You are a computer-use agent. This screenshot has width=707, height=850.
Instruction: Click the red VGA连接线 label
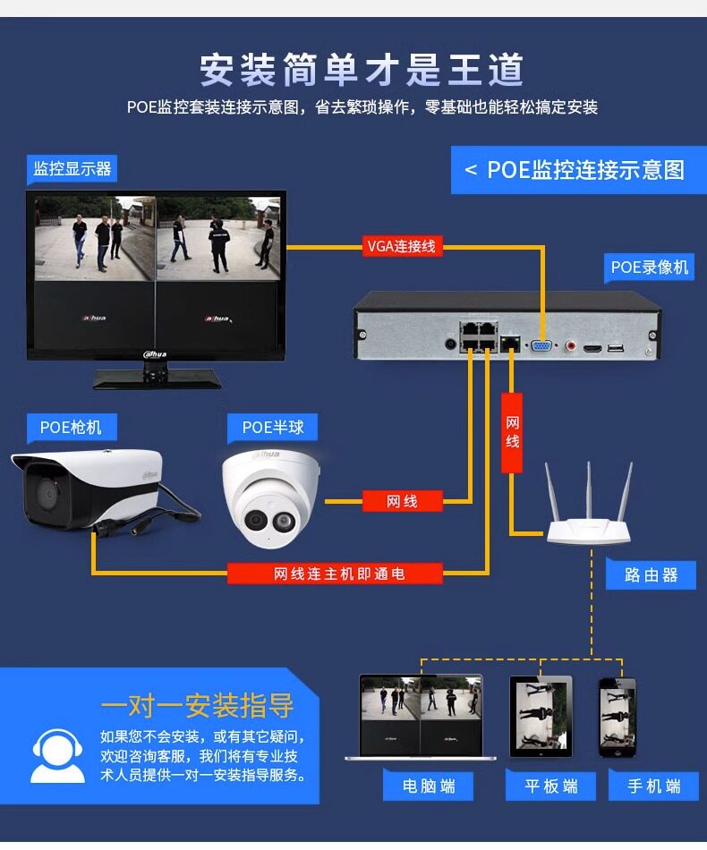(x=402, y=246)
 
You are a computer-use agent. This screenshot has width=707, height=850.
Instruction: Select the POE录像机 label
(x=650, y=267)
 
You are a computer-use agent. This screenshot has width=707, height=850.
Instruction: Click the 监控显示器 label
(x=72, y=168)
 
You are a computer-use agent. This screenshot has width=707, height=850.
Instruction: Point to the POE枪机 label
(x=72, y=427)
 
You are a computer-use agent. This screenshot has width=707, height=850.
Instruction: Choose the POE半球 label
(x=273, y=428)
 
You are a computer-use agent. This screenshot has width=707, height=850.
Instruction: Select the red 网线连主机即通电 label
(x=335, y=574)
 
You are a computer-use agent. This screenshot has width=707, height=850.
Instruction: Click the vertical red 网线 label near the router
(x=512, y=433)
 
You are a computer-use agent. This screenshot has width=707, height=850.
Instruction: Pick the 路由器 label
(x=652, y=575)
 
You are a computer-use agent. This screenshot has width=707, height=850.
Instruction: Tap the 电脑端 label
(x=429, y=786)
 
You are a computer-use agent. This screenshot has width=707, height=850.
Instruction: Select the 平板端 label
(x=550, y=786)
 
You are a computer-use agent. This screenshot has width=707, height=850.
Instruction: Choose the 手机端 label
(x=653, y=786)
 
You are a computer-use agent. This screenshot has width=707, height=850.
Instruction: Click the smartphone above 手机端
(x=618, y=716)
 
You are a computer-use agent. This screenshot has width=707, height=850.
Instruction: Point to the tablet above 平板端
(x=541, y=716)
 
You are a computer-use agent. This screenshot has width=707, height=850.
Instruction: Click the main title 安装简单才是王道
(x=362, y=70)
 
